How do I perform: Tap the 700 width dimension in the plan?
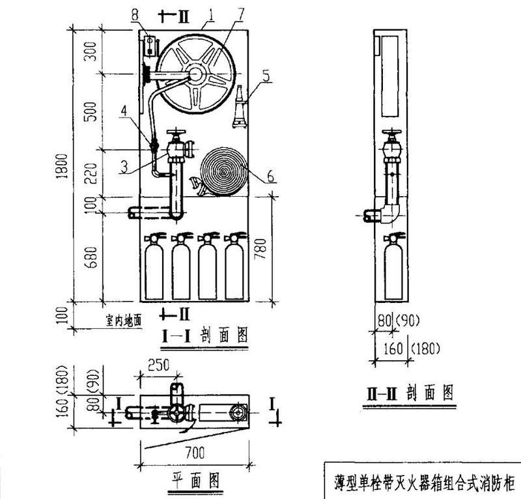click(193, 451)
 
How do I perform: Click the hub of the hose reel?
click(195, 74)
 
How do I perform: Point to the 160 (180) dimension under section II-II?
click(410, 349)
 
